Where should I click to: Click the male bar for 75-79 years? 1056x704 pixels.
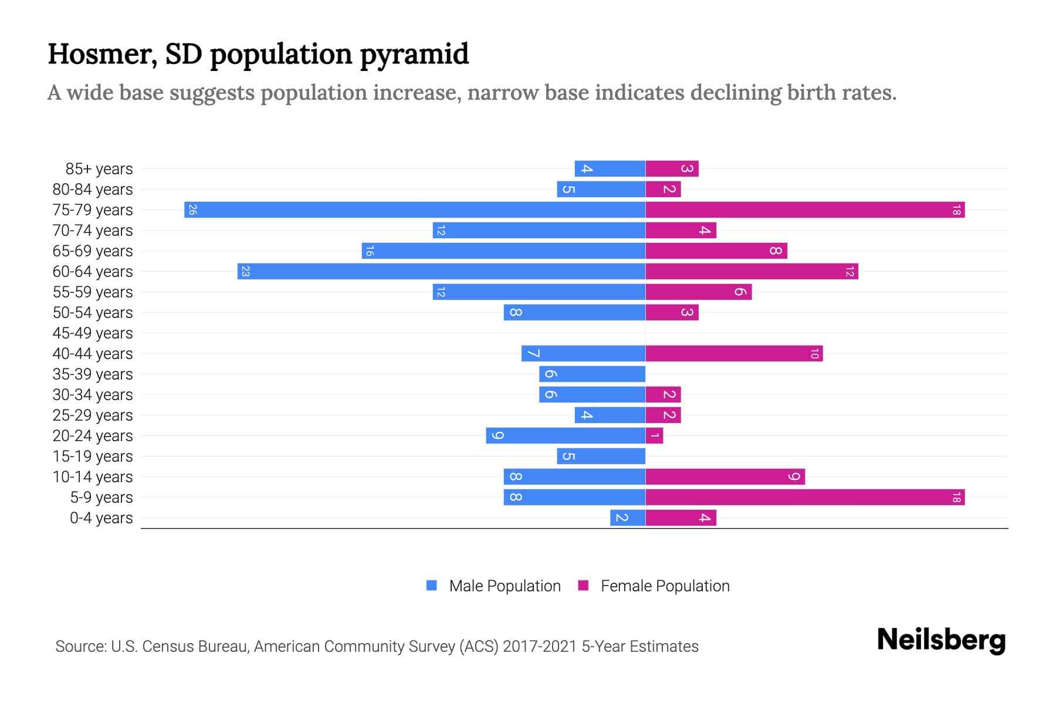point(415,210)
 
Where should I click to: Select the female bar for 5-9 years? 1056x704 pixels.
point(805,497)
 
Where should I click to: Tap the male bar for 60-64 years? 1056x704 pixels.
point(441,272)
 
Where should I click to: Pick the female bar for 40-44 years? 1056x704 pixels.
point(734,354)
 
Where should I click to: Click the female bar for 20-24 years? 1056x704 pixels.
point(654,436)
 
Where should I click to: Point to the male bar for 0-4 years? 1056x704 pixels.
point(628,518)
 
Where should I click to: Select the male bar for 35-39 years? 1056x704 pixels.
point(592,374)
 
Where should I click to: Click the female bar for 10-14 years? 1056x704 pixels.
point(725,477)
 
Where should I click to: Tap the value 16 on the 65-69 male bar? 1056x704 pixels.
point(369,251)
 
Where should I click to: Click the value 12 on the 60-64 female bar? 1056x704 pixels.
point(849,272)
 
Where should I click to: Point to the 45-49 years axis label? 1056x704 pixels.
point(93,333)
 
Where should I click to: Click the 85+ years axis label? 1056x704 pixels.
point(99,169)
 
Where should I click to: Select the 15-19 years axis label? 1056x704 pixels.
point(93,456)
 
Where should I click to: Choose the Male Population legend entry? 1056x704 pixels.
point(505,586)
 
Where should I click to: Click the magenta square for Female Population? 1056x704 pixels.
point(583,585)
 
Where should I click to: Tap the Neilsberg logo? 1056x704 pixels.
point(941,640)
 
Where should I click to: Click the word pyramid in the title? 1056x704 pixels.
point(414,55)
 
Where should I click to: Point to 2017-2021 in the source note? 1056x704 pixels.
point(540,647)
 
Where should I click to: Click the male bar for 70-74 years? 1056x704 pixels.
point(539,231)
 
